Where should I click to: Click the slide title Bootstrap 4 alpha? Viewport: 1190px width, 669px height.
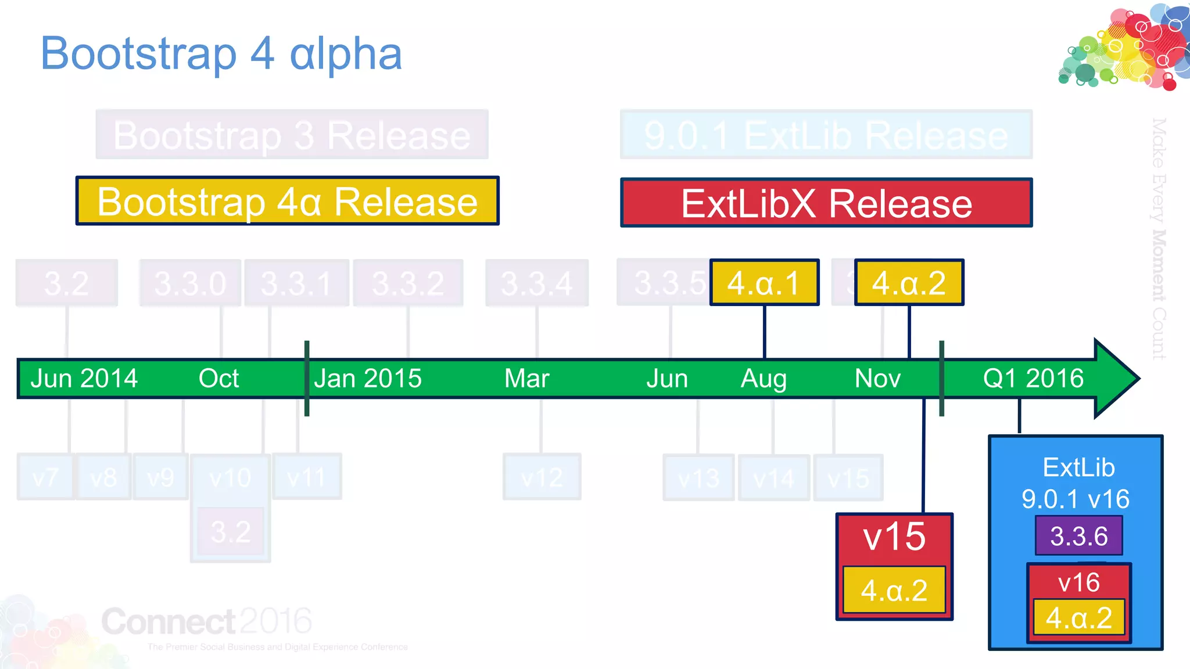click(x=221, y=53)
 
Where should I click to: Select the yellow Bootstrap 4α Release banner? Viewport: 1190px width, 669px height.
click(x=287, y=201)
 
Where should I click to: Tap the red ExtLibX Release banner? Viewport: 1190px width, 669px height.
click(x=826, y=203)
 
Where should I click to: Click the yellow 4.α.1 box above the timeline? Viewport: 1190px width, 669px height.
click(x=764, y=283)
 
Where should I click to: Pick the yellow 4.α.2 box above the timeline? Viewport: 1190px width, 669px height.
click(x=909, y=283)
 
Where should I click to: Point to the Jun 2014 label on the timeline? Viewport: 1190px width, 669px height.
click(x=84, y=379)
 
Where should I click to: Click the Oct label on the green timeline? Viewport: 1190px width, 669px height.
click(x=218, y=379)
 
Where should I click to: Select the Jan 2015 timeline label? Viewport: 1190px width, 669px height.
click(x=367, y=379)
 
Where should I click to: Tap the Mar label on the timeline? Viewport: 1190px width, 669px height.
click(x=526, y=379)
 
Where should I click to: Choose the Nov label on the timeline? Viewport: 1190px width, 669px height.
click(x=877, y=379)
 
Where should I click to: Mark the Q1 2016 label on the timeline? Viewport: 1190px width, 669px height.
click(x=1033, y=379)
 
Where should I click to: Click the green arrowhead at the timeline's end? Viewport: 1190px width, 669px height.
click(x=1116, y=379)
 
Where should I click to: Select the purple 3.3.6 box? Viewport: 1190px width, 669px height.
click(x=1078, y=536)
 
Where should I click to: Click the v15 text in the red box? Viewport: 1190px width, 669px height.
click(x=894, y=537)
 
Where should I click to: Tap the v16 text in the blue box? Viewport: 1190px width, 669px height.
click(x=1078, y=582)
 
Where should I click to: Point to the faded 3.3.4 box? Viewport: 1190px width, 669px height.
click(x=537, y=283)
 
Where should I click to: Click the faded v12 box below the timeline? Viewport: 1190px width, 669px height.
click(x=542, y=477)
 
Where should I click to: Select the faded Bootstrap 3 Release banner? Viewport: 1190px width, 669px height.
click(x=292, y=135)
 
